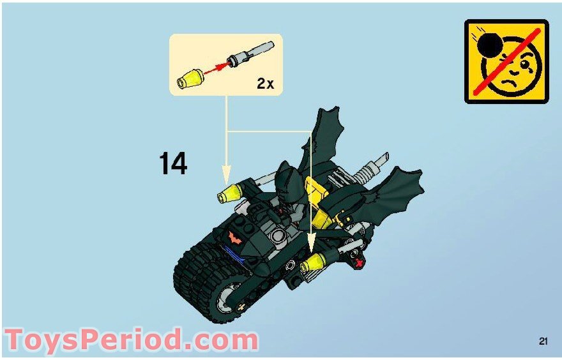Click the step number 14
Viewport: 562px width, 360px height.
pos(172,164)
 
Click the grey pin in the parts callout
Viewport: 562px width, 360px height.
pos(252,54)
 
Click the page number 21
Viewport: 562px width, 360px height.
pos(543,341)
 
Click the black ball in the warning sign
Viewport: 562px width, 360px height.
pos(491,45)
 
